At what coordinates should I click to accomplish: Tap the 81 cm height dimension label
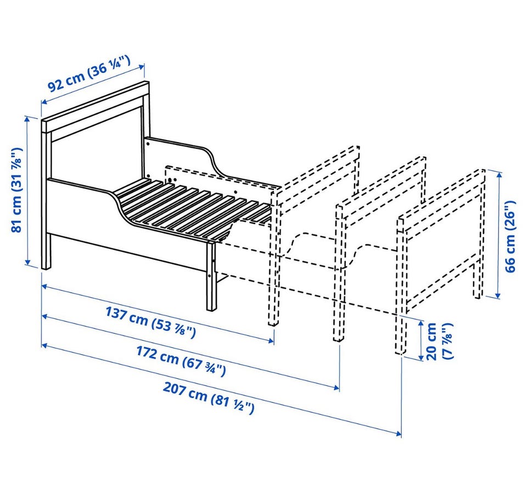(17, 189)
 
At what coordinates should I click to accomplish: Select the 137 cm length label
(150, 322)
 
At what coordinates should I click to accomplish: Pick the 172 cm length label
(181, 361)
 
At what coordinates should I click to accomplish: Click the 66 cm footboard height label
(509, 237)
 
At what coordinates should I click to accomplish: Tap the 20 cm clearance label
(439, 341)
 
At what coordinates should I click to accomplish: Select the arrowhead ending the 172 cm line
(337, 388)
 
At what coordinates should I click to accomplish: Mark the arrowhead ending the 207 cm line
(399, 433)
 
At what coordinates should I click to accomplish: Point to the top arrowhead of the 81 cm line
(27, 119)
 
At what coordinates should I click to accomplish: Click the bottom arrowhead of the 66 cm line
(498, 295)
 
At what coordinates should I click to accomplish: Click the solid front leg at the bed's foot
(211, 276)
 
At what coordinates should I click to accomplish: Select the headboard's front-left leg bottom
(46, 267)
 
